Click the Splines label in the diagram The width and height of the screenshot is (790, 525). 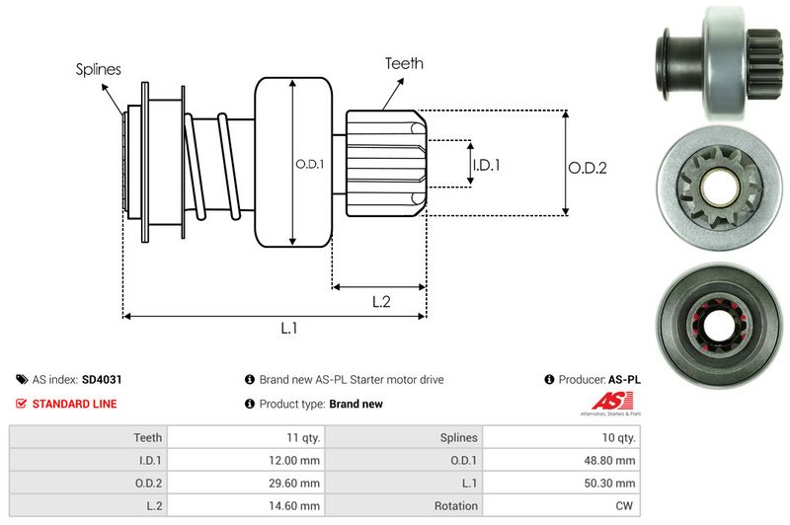point(99,69)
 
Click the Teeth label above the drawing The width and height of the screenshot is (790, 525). point(404,63)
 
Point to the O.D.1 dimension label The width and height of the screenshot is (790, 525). point(309,164)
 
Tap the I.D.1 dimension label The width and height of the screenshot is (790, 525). point(486,165)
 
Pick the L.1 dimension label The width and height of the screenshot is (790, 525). point(289,330)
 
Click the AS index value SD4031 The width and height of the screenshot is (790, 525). point(102,379)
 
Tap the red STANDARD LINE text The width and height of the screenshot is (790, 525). point(74,404)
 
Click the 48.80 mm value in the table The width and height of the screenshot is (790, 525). point(613,460)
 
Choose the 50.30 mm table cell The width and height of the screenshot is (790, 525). point(613,483)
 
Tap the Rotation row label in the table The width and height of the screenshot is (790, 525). point(456,506)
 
